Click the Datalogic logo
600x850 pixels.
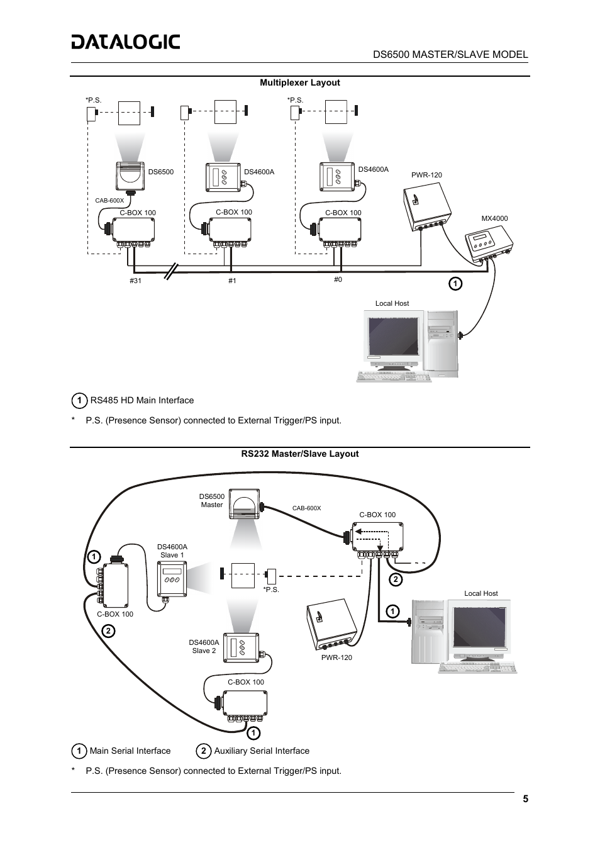coord(126,42)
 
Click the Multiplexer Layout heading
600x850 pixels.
coord(300,82)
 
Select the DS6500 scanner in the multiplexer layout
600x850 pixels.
coord(130,176)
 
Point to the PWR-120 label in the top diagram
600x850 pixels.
coord(426,175)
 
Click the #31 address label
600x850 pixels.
coord(135,281)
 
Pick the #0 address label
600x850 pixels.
coord(338,279)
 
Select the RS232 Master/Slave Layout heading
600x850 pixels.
coord(300,454)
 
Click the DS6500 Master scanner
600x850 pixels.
coord(244,505)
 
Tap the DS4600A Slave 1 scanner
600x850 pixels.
coord(172,579)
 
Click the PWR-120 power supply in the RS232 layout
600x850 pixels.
coord(331,624)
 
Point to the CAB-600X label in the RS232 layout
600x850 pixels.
coord(306,508)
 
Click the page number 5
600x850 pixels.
coord(525,799)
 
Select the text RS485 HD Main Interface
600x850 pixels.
coord(142,400)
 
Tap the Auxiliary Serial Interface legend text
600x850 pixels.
coord(262,751)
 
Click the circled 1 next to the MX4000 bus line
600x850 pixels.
coord(455,284)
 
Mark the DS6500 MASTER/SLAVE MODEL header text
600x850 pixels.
coord(450,54)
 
